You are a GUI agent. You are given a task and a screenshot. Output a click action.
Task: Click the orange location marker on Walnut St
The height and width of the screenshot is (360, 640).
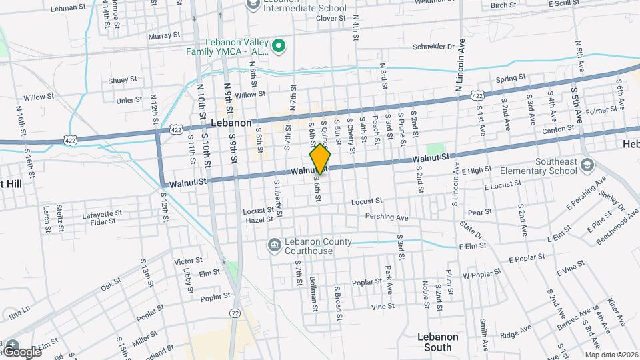pyautogui.click(x=321, y=159)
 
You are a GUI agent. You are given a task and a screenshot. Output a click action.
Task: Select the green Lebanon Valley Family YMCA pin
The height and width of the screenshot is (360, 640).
pyautogui.click(x=280, y=46)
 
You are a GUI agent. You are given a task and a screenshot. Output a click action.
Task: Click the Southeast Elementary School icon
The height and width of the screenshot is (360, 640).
pyautogui.click(x=587, y=164)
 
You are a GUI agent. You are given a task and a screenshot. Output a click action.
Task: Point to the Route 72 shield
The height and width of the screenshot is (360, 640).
pyautogui.click(x=234, y=313)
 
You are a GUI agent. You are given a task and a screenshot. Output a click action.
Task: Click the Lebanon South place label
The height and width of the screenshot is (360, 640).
pyautogui.click(x=439, y=341)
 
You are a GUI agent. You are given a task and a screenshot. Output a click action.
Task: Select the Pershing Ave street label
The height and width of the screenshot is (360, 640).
pyautogui.click(x=386, y=217)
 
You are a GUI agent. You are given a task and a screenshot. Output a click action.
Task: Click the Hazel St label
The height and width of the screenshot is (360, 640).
pyautogui.click(x=260, y=219)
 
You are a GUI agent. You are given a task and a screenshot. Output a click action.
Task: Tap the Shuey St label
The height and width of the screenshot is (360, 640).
pyautogui.click(x=122, y=80)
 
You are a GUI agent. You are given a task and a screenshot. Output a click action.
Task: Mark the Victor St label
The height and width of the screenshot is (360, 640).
pyautogui.click(x=188, y=261)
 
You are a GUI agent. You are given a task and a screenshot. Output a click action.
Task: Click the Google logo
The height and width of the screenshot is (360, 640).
pyautogui.click(x=21, y=351)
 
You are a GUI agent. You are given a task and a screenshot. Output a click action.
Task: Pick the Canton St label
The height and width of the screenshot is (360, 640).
pyautogui.click(x=561, y=128)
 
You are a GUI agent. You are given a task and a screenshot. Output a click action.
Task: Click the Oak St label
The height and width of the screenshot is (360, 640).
pyautogui.click(x=111, y=285)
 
